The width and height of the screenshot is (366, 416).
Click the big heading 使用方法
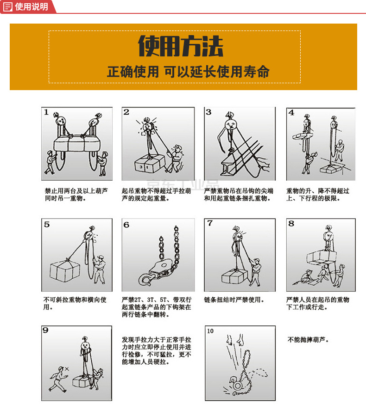pyautogui.click(x=181, y=46)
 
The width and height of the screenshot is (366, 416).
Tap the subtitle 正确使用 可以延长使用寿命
pyautogui.click(x=188, y=72)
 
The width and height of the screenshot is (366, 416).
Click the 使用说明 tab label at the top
pyautogui.click(x=31, y=6)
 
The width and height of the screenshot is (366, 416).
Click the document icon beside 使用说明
pyautogui.click(x=8, y=6)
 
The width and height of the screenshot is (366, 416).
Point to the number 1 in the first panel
pyautogui.click(x=46, y=112)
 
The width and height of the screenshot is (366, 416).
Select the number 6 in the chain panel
pyautogui.click(x=126, y=225)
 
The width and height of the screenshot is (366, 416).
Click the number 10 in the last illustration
pyautogui.click(x=211, y=331)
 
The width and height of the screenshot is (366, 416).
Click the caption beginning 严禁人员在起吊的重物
pyautogui.click(x=317, y=303)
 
